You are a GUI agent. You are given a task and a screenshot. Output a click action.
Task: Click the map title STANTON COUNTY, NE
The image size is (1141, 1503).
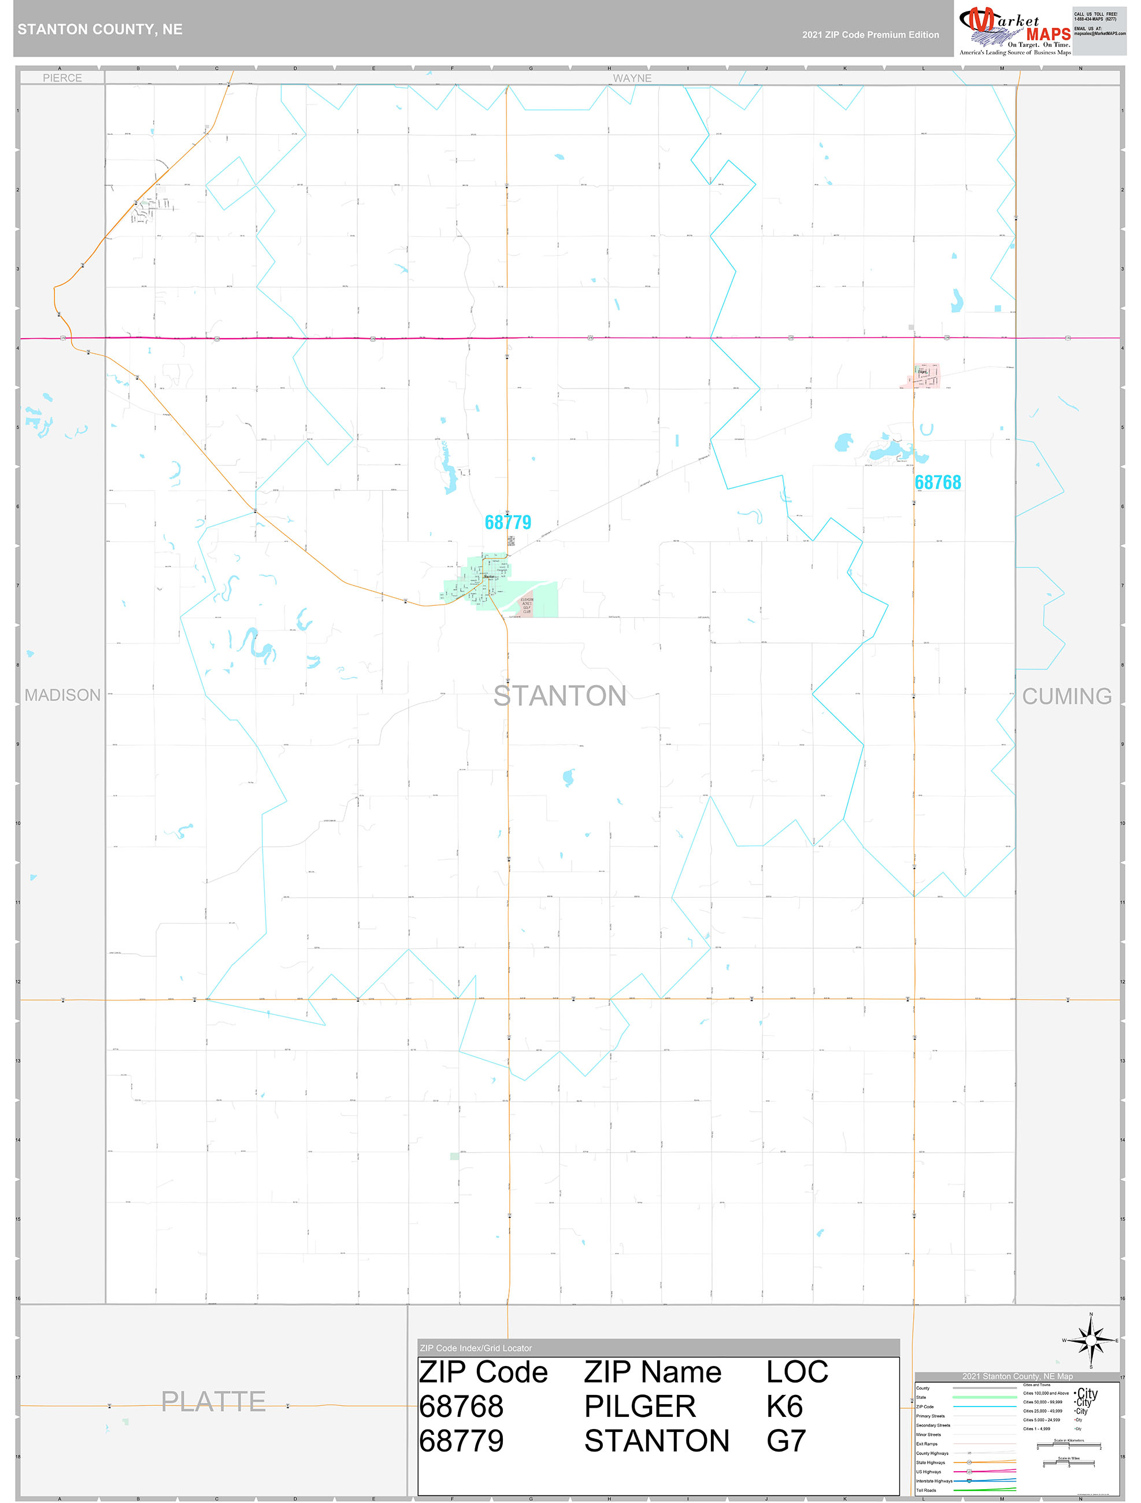pos(100,29)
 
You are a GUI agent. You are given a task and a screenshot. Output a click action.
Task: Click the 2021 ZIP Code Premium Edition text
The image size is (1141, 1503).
pos(870,35)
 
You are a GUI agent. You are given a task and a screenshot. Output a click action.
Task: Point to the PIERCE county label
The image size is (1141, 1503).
pos(62,78)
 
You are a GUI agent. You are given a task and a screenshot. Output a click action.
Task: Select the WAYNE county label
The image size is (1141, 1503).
pos(631,78)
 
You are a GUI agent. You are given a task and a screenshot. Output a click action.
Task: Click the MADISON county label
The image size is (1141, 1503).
pos(62,695)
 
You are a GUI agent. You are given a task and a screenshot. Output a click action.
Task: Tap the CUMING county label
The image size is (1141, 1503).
pos(1066,697)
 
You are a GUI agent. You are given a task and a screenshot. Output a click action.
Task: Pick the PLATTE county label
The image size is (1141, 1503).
pos(213,1402)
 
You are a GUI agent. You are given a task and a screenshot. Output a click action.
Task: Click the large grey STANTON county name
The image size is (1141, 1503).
pos(560,697)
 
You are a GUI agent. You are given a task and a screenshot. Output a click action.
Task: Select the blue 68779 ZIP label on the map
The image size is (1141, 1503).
pos(507,523)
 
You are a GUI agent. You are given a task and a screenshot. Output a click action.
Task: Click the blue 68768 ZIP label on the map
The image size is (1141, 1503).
pos(937,483)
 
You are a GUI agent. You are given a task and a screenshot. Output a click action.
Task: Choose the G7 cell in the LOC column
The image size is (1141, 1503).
pos(786,1441)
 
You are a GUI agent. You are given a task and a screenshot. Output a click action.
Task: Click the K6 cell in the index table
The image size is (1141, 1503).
pos(784,1406)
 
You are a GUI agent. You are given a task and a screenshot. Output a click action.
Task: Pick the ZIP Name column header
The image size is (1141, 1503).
pos(653,1372)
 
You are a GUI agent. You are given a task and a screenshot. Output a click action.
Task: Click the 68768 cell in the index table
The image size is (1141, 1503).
pos(461,1406)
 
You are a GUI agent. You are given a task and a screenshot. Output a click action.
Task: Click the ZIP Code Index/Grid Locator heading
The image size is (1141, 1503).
pos(476,1348)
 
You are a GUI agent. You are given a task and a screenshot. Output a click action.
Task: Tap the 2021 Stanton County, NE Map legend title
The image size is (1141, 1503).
pos(1017,1376)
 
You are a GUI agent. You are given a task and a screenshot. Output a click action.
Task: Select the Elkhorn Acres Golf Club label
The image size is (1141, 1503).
pos(526,605)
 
